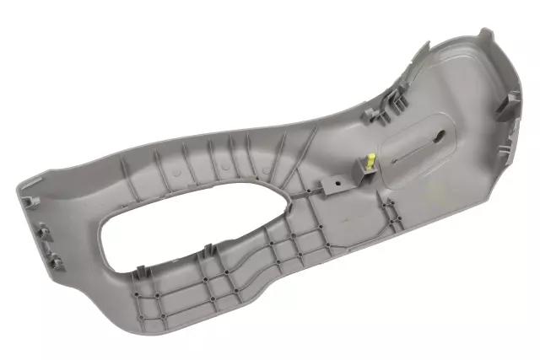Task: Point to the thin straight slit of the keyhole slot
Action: click(414, 152)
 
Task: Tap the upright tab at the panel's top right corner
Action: click(486, 36)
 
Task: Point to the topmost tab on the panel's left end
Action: click(30, 200)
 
